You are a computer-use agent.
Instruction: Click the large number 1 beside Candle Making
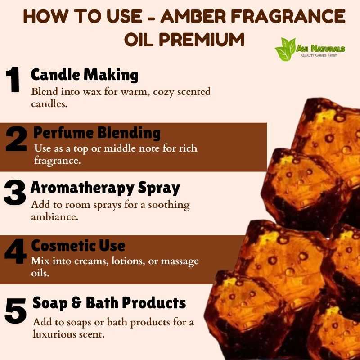click(13, 80)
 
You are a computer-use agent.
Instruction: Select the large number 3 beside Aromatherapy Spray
click(15, 192)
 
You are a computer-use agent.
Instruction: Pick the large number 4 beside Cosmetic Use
click(16, 252)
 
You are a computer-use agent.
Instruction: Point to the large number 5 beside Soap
click(15, 310)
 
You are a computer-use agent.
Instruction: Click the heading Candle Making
click(85, 75)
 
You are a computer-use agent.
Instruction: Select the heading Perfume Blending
click(97, 133)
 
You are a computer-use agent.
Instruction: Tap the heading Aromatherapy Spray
click(105, 188)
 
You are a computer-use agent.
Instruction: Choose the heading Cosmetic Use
click(78, 245)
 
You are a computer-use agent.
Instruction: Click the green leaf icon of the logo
click(285, 49)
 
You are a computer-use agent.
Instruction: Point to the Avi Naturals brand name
click(320, 49)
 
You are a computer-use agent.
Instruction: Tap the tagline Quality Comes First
click(319, 55)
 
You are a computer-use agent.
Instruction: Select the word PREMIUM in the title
click(202, 39)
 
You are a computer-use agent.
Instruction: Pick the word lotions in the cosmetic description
click(128, 261)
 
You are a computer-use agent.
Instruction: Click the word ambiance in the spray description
click(54, 217)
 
